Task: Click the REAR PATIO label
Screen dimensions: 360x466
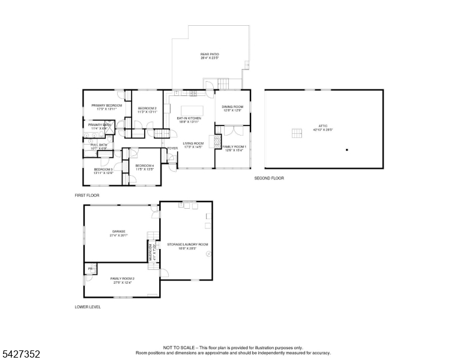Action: tap(209, 55)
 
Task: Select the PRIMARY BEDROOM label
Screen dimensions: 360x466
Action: tap(107, 106)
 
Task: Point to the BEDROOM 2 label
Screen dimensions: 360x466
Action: tap(147, 108)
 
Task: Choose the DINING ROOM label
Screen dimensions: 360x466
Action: tap(232, 107)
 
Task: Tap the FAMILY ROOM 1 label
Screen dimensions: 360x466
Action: tap(234, 146)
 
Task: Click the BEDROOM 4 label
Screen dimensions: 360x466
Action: tap(145, 166)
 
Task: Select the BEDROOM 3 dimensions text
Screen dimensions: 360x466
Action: tap(103, 173)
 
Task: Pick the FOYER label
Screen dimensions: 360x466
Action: tap(172, 148)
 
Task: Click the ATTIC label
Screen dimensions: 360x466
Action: tap(323, 126)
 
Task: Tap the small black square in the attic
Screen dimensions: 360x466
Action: tap(346, 149)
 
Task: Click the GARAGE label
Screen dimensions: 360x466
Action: tap(118, 231)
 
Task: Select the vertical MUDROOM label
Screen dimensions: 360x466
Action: tap(150, 251)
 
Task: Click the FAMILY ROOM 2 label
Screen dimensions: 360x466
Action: tap(122, 278)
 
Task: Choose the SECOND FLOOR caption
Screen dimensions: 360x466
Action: tap(269, 178)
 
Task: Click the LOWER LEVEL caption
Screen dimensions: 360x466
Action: tap(88, 307)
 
